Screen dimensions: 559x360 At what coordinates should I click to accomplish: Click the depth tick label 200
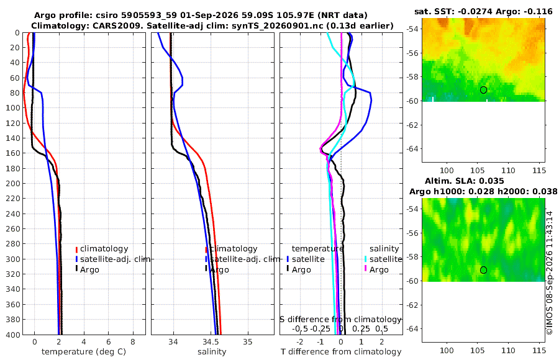pos(13,183)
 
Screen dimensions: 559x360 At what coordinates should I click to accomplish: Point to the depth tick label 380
pos(13,319)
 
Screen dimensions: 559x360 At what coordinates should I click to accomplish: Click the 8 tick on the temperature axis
pos(133,341)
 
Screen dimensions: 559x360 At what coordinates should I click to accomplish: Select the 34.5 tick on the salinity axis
pos(211,341)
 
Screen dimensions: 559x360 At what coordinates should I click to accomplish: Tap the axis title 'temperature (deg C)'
pos(84,352)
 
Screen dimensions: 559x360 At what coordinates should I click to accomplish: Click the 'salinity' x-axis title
pos(212,352)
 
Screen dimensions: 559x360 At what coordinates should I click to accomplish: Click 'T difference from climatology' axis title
pos(341,352)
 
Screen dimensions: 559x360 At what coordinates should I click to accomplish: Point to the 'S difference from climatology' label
pos(341,319)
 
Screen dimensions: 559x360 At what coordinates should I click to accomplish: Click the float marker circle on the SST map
pos(483,90)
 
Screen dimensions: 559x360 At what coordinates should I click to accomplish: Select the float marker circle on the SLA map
pos(483,270)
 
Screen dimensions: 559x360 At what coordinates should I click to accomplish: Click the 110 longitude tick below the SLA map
pos(508,350)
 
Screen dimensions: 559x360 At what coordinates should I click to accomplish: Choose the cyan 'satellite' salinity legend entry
pos(384,259)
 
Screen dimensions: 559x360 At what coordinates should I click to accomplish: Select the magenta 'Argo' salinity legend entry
pos(376,269)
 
